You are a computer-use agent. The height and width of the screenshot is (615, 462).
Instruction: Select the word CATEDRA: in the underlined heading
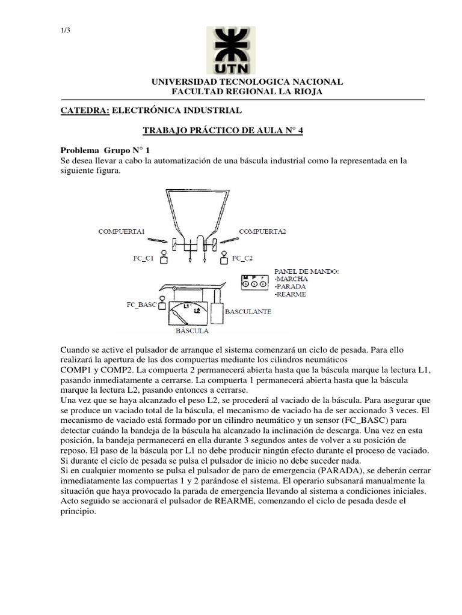pyautogui.click(x=85, y=111)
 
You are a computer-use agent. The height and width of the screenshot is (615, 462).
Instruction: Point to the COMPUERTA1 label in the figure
pyautogui.click(x=122, y=231)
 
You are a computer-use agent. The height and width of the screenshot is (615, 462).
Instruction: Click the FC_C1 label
pyautogui.click(x=144, y=259)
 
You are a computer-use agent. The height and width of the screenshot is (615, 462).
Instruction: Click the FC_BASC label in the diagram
pyautogui.click(x=141, y=304)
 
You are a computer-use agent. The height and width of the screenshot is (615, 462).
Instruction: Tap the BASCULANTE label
pyautogui.click(x=248, y=312)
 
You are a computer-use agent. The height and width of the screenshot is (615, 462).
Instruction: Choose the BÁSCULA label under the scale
pyautogui.click(x=192, y=331)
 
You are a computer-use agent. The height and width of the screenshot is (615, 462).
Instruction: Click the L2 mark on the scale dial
pyautogui.click(x=196, y=311)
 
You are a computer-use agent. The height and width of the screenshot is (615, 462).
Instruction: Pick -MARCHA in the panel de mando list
pyautogui.click(x=292, y=279)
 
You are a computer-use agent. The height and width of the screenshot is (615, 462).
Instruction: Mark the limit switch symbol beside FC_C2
pyautogui.click(x=224, y=258)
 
